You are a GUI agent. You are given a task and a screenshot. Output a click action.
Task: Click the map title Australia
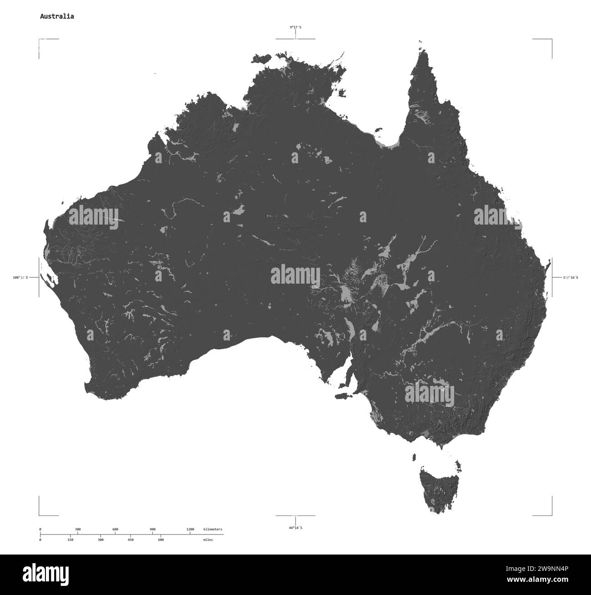(x=57, y=16)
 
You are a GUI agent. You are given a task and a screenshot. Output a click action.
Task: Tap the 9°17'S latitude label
(x=295, y=27)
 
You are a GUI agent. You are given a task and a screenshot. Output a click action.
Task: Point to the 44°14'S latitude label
(x=295, y=528)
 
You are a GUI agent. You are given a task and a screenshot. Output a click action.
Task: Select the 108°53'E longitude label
(x=20, y=277)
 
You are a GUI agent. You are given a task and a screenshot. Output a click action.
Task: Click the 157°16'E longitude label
(x=571, y=277)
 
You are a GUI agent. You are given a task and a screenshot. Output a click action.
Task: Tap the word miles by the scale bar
(x=208, y=540)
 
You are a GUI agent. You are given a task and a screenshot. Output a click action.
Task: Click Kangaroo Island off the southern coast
(x=342, y=396)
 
